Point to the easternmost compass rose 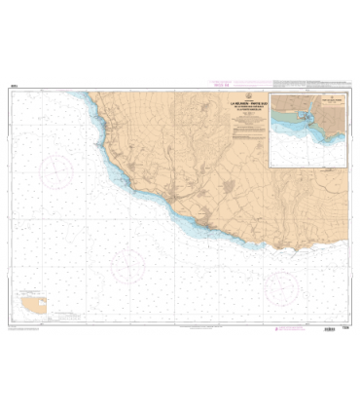click(283, 284)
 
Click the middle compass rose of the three click(127, 264)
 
